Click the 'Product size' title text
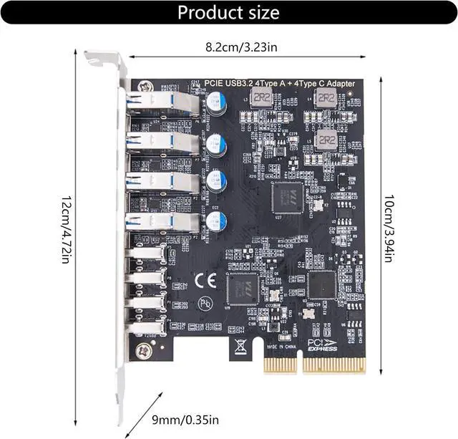click(228, 12)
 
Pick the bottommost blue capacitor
click(215, 220)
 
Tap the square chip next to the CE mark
click(242, 289)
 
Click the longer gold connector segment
click(333, 365)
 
